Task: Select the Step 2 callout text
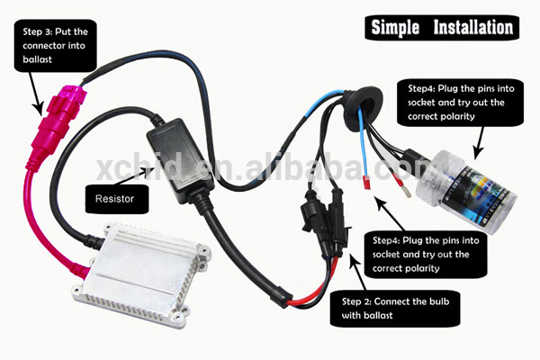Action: (x=397, y=307)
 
